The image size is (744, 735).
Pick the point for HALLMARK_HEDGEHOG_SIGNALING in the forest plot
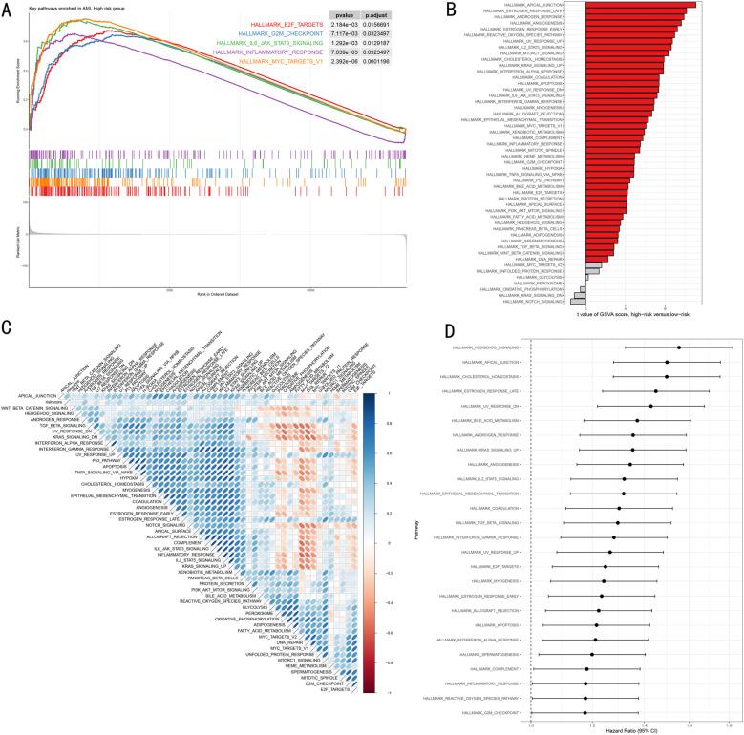click(679, 347)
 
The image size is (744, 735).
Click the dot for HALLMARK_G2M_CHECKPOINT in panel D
click(585, 712)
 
